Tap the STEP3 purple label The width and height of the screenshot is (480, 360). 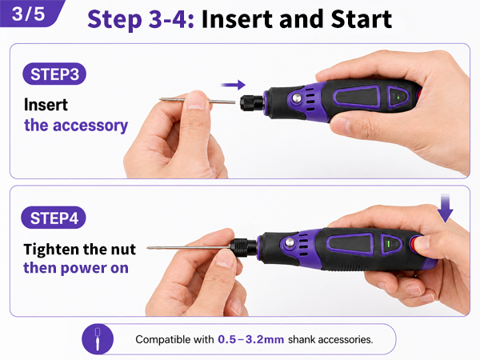coord(54,74)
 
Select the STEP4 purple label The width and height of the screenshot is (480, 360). coord(54,218)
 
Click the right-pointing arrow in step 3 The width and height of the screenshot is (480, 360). coord(234,85)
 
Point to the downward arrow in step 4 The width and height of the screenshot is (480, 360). coord(445,207)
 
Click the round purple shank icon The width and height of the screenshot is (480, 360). coord(98,339)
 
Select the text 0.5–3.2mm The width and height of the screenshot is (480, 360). coord(250,339)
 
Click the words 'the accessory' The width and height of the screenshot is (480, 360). coord(76,126)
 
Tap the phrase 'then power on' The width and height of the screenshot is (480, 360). coord(76,268)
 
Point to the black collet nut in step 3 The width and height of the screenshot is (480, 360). coord(252,103)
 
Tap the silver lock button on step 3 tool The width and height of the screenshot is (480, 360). coord(296,98)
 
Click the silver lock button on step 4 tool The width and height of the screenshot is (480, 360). coord(290,242)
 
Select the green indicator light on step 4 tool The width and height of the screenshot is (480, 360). coord(389,244)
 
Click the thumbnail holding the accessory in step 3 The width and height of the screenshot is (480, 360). coord(196,102)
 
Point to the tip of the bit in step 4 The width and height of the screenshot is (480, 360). coord(148,248)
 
